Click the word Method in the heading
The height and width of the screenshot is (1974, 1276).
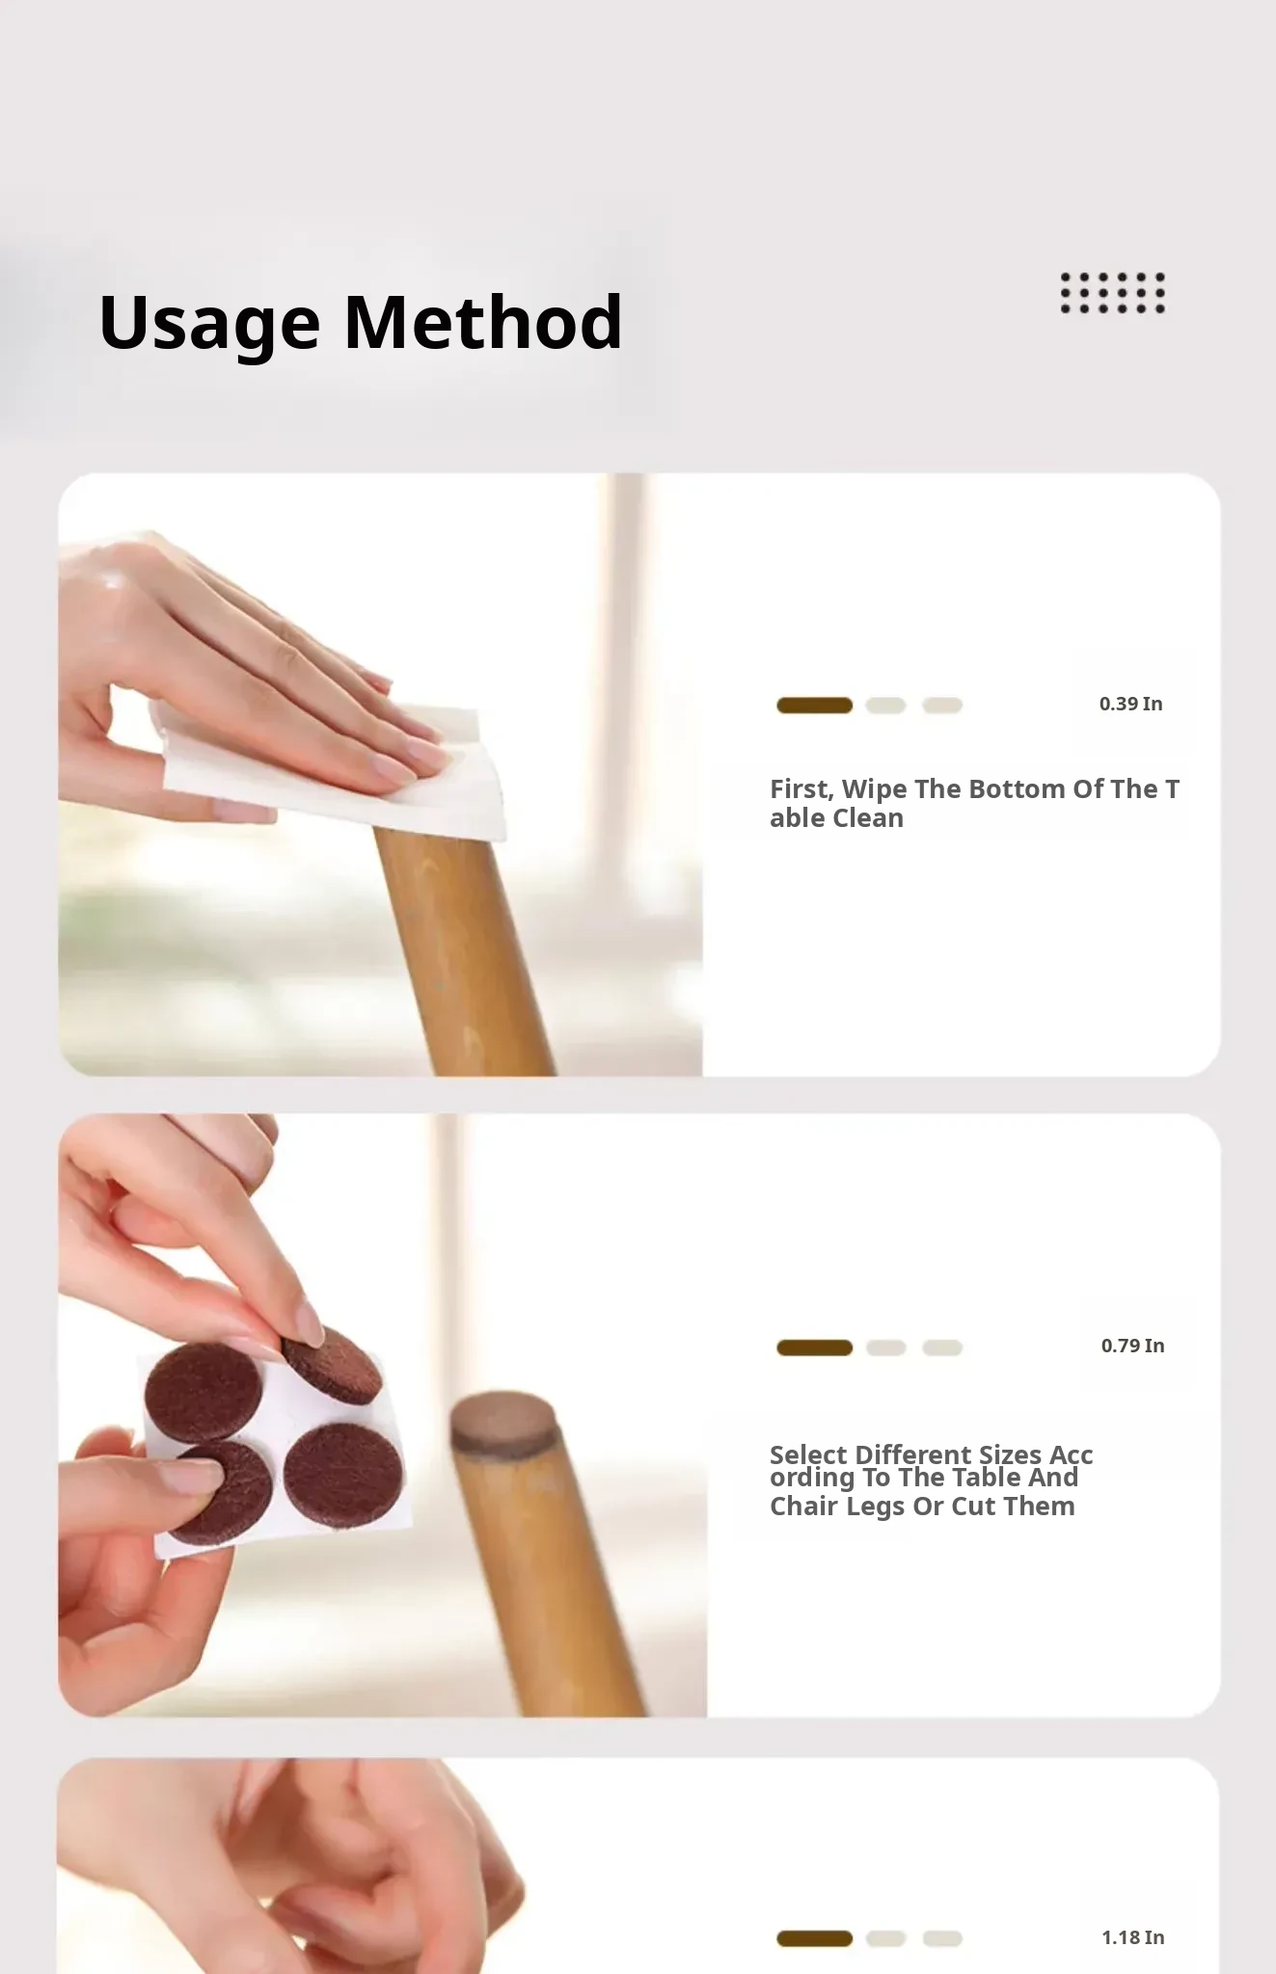[x=483, y=321]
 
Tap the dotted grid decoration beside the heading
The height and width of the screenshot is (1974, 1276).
[x=1113, y=293]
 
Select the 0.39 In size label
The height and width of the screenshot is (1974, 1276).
[x=1130, y=704]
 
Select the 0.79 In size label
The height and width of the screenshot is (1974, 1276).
[x=1132, y=1346]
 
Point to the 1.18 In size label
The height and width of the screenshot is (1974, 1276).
[x=1132, y=1937]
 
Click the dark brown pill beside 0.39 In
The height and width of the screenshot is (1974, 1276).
[x=815, y=706]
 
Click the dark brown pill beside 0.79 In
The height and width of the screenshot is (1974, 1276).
[x=815, y=1347]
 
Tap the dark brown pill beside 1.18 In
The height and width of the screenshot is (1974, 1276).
[x=815, y=1938]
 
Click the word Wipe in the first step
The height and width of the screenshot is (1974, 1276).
[x=875, y=790]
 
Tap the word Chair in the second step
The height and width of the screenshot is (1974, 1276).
[x=804, y=1506]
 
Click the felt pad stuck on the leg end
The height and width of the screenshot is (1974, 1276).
[x=503, y=1422]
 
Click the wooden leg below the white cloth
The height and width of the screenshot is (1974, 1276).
[x=463, y=954]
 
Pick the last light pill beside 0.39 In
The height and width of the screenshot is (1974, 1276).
[x=942, y=706]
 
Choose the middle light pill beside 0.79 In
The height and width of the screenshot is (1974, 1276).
[x=885, y=1347]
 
